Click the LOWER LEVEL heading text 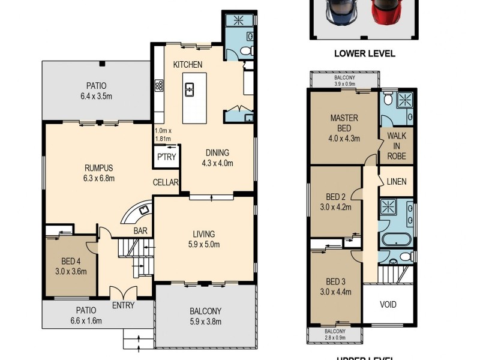pyautogui.click(x=364, y=53)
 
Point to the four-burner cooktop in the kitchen pyautogui.click(x=159, y=86)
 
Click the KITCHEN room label pyautogui.click(x=188, y=64)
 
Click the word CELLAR pyautogui.click(x=166, y=182)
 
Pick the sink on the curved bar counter pyautogui.click(x=144, y=210)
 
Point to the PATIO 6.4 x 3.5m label pyautogui.click(x=95, y=91)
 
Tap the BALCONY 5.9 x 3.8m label pyautogui.click(x=205, y=316)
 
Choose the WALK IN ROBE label pyautogui.click(x=397, y=146)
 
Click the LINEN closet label pyautogui.click(x=397, y=182)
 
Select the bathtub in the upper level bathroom pyautogui.click(x=396, y=241)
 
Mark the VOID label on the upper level pyautogui.click(x=388, y=304)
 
